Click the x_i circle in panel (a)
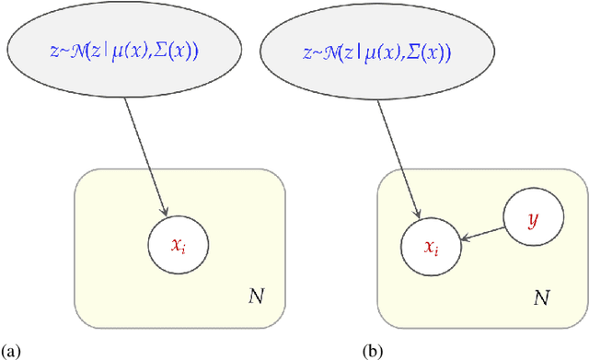click(178, 245)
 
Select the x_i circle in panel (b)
click(431, 246)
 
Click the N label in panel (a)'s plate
click(256, 296)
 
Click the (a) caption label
click(11, 351)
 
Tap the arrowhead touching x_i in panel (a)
click(166, 216)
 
